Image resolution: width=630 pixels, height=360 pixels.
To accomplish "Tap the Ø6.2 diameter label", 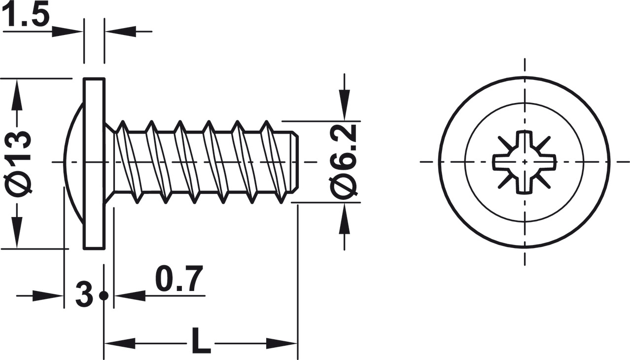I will tap(344, 162).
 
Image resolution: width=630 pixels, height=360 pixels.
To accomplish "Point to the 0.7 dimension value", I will tap(179, 280).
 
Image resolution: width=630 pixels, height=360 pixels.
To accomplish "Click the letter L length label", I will tap(200, 343).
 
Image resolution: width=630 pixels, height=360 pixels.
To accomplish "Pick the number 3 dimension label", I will tap(84, 295).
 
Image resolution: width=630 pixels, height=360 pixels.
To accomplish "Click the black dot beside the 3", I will tap(104, 296).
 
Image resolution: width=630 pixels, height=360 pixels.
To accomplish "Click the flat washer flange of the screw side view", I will tap(94, 163).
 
